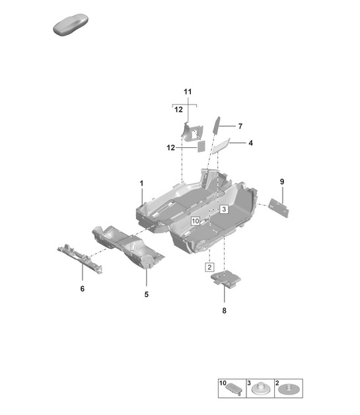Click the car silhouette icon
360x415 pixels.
71,24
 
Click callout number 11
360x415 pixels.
188,92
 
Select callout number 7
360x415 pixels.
240,126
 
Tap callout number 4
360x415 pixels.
250,143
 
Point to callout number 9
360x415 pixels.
282,182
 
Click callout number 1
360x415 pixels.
141,183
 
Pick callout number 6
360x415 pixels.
83,289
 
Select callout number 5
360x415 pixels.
147,294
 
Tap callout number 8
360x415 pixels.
225,311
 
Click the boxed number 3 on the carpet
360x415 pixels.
224,209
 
